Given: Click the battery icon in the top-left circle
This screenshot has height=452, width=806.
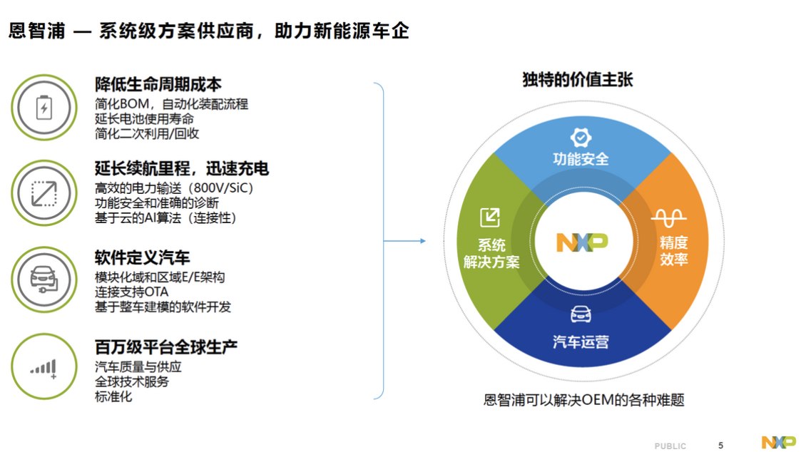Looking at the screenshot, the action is (x=44, y=108).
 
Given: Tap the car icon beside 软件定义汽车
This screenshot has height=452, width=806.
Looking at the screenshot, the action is (x=44, y=279).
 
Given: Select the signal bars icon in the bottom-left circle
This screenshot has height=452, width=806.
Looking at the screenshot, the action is (x=44, y=369).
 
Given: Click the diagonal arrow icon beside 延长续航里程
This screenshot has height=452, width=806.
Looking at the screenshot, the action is (x=44, y=193).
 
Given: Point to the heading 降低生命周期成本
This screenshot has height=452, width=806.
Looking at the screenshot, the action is (x=158, y=84).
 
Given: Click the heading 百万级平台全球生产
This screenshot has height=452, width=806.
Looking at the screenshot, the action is (x=166, y=347).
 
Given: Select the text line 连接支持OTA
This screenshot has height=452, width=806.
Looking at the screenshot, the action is (x=131, y=292).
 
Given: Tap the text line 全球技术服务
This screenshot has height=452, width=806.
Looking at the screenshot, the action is (x=131, y=381).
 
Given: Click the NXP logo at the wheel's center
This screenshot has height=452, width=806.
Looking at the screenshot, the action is (x=582, y=242).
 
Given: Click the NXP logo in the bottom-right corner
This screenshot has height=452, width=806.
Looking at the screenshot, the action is (x=778, y=442).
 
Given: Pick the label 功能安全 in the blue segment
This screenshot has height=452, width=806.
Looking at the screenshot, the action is (x=581, y=159).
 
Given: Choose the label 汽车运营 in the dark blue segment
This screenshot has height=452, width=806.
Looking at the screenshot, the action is (x=581, y=341).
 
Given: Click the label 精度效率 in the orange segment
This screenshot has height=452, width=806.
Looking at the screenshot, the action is (x=673, y=250).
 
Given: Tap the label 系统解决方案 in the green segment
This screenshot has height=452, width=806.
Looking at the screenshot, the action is (x=491, y=253).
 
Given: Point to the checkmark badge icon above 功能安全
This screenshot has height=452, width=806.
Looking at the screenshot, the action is (x=581, y=138).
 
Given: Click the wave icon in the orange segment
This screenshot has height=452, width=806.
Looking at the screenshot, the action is (x=669, y=217).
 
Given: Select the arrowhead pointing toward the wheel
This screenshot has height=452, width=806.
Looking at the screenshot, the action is (x=422, y=240).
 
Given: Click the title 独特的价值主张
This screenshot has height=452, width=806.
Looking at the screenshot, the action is (x=578, y=80).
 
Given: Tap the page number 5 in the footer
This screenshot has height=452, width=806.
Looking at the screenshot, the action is (x=720, y=446).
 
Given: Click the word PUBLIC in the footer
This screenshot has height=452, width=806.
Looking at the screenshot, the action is (x=670, y=446).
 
